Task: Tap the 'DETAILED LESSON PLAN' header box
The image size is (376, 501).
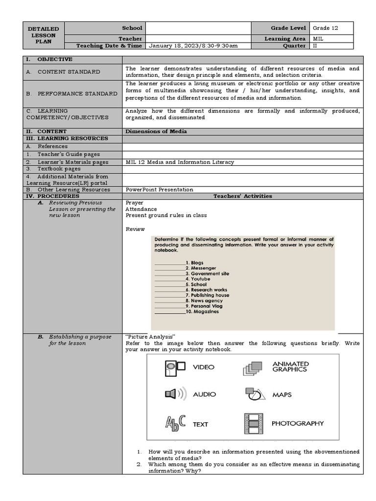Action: (44, 35)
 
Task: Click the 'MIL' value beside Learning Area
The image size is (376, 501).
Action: (318, 39)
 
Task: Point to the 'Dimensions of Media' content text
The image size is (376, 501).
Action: (156, 132)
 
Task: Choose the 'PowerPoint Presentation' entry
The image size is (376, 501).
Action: (159, 190)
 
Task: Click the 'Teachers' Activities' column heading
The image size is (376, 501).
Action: (242, 196)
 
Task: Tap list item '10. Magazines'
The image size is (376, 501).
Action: (202, 312)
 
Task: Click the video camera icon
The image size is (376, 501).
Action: (174, 366)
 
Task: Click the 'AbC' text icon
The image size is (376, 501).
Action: (175, 423)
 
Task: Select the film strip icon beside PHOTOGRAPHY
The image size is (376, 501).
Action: (253, 423)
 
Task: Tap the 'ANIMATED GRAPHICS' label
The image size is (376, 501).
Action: (290, 366)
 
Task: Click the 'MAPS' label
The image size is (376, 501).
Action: (282, 394)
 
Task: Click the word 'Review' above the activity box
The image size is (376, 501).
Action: (135, 229)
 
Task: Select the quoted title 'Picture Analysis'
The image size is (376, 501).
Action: (150, 337)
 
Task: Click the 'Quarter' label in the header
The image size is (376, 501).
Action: (294, 46)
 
